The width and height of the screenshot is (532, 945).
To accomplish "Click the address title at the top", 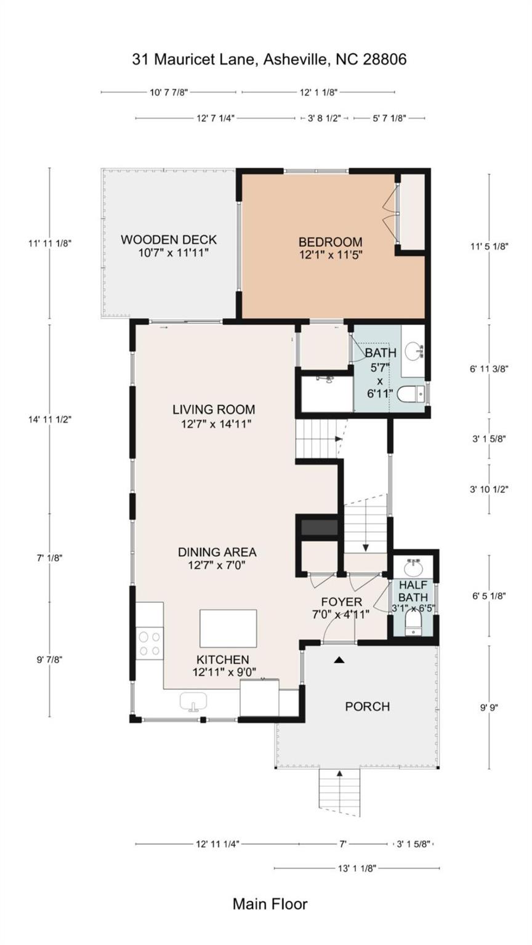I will [x=269, y=60].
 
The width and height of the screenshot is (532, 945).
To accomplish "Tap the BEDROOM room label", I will [x=331, y=242].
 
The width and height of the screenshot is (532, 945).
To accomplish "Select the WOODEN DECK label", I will [x=169, y=240].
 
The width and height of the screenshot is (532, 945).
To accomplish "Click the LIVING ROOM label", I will [x=214, y=410].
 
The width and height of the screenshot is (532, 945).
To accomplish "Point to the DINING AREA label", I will [x=217, y=552].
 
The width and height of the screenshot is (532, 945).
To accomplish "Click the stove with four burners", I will [x=150, y=644].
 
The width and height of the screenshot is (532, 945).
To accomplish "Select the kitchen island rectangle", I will [x=228, y=628].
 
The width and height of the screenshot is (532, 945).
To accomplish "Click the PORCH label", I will [x=367, y=706].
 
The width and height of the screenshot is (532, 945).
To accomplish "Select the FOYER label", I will [x=341, y=602].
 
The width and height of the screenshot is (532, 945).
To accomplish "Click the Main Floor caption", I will [x=270, y=904].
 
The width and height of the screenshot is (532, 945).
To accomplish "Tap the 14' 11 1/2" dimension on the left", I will [x=50, y=419].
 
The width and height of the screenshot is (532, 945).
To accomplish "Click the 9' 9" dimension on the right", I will [x=488, y=707].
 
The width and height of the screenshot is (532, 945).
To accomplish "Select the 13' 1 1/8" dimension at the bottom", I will [x=357, y=868].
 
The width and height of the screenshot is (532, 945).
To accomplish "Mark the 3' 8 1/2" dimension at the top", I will [x=324, y=118].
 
